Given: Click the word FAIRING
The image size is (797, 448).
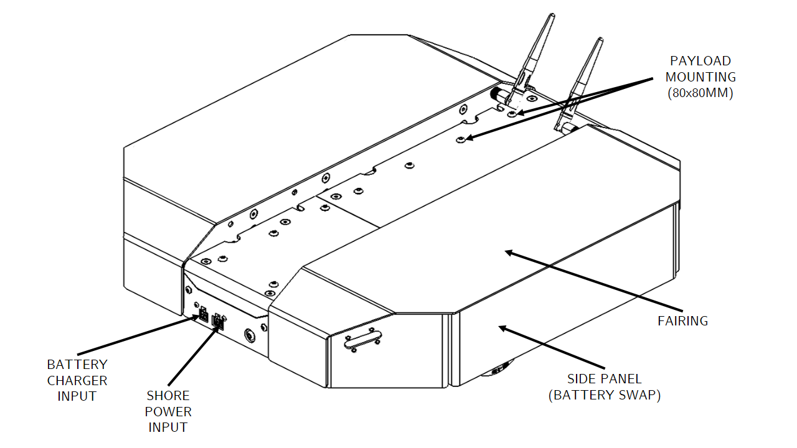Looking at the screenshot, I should click(x=683, y=321).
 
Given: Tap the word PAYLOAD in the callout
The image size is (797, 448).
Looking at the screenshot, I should click(x=700, y=61).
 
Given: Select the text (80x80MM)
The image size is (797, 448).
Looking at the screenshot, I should click(x=700, y=93).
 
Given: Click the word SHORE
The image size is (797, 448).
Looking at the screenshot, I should click(x=168, y=396).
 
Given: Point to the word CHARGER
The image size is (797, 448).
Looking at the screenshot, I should click(x=77, y=380).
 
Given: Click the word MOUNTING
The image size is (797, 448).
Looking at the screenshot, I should click(x=700, y=77).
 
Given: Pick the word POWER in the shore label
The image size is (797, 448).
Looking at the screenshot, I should click(x=168, y=411).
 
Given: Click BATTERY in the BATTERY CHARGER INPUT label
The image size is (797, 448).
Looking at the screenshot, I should click(x=77, y=365).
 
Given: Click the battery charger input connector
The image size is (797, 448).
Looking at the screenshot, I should click(x=203, y=315).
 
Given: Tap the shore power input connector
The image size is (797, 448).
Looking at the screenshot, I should click(x=218, y=322).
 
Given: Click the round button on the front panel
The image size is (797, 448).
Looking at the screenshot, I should click(x=250, y=335).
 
